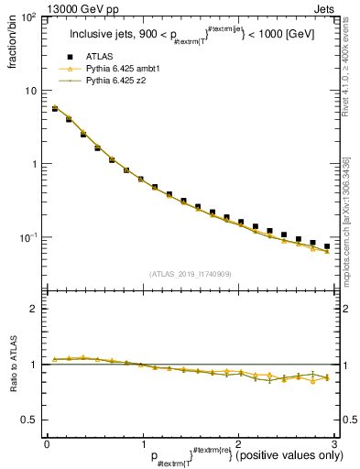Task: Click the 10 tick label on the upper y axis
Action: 32,91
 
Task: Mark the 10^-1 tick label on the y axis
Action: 30,237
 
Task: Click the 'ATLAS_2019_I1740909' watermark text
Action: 190,274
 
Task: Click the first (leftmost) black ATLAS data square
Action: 55,108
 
